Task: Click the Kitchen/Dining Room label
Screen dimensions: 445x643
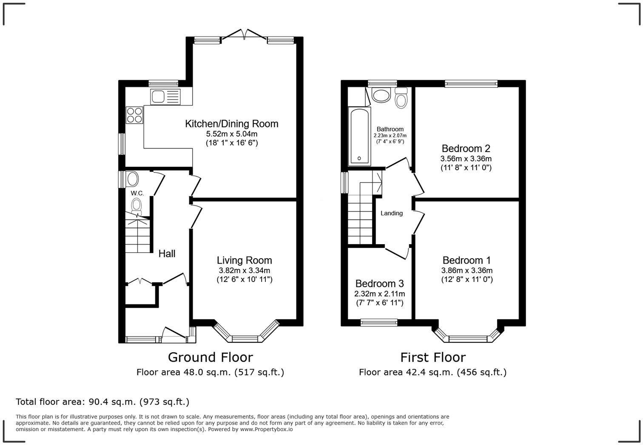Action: pyautogui.click(x=232, y=124)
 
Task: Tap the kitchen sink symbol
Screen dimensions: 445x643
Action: pyautogui.click(x=165, y=96)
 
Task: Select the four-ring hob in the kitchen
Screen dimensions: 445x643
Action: pyautogui.click(x=134, y=115)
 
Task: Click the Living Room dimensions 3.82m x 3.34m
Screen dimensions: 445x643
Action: pyautogui.click(x=244, y=270)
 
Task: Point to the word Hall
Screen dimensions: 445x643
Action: pyautogui.click(x=167, y=253)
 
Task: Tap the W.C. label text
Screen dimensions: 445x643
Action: pyautogui.click(x=137, y=193)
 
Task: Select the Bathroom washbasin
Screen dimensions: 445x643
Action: pyautogui.click(x=381, y=95)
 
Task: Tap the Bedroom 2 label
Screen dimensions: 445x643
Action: pyautogui.click(x=466, y=148)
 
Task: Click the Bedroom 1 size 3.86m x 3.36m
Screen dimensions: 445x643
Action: pyautogui.click(x=467, y=270)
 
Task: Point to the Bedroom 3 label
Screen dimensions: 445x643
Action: pyautogui.click(x=379, y=283)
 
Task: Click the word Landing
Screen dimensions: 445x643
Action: pyautogui.click(x=391, y=213)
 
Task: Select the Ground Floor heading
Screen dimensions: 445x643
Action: pyautogui.click(x=210, y=357)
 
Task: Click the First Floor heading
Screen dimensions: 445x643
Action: pyautogui.click(x=432, y=357)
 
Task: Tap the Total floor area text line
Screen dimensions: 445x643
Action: pyautogui.click(x=102, y=402)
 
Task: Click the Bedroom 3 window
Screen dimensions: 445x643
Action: pyautogui.click(x=379, y=323)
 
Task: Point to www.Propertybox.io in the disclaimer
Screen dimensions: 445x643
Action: pyautogui.click(x=266, y=429)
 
